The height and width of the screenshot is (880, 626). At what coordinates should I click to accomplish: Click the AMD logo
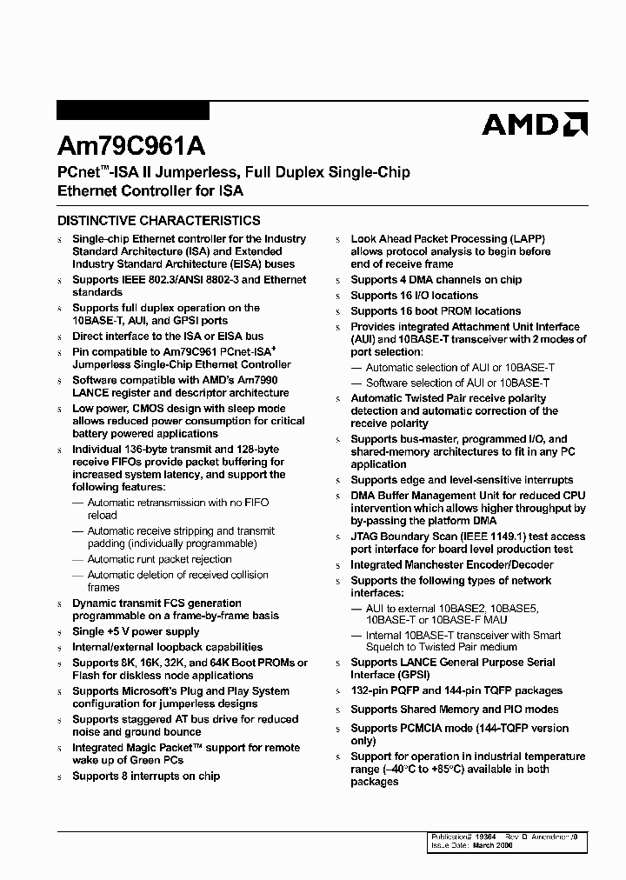click(x=535, y=125)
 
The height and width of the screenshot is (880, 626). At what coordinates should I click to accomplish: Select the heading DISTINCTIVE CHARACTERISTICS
click(x=158, y=221)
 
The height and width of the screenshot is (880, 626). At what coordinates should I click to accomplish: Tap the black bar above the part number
click(x=132, y=110)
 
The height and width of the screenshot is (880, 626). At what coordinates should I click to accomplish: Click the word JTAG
click(x=366, y=537)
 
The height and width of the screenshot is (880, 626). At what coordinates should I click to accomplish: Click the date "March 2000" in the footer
click(x=493, y=844)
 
